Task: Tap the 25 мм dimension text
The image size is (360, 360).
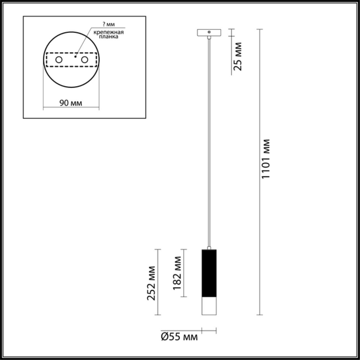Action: pyautogui.click(x=238, y=57)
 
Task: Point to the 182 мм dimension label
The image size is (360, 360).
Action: pyautogui.click(x=177, y=273)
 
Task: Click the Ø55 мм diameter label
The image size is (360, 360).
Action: pyautogui.click(x=179, y=337)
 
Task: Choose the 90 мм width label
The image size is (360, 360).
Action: pyautogui.click(x=71, y=103)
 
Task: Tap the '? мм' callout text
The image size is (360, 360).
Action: pyautogui.click(x=107, y=24)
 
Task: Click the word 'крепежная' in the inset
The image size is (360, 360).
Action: pyautogui.click(x=109, y=32)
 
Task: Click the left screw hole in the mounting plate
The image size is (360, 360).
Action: pyautogui.click(x=58, y=60)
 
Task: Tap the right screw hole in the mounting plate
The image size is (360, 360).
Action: pyautogui.click(x=85, y=60)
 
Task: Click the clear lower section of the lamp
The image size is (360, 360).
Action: pyautogui.click(x=208, y=306)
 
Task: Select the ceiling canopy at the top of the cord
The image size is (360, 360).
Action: pyautogui.click(x=208, y=32)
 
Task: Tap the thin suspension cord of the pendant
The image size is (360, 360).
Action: pyautogui.click(x=208, y=144)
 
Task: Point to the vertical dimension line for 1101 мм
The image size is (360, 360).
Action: pyautogui.click(x=260, y=216)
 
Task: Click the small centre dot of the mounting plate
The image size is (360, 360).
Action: pyautogui.click(x=75, y=57)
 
